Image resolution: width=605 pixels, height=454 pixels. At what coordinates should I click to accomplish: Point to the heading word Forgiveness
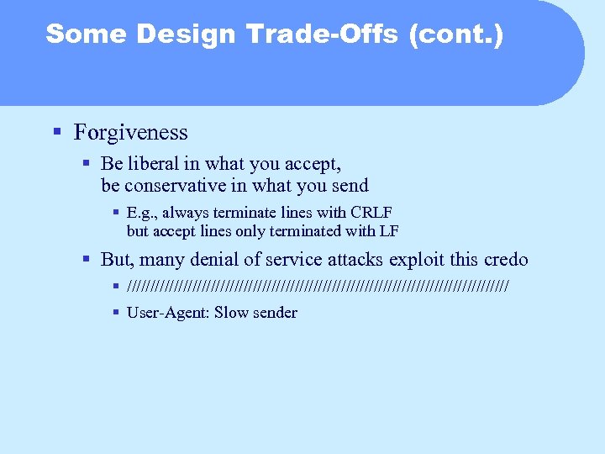click(x=130, y=132)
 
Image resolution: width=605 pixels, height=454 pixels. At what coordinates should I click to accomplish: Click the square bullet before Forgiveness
click(x=56, y=132)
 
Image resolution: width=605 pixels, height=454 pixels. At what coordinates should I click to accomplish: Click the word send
click(x=349, y=185)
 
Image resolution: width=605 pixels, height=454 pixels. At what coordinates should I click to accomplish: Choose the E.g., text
click(x=142, y=213)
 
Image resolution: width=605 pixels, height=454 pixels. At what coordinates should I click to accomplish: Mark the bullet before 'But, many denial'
click(x=87, y=260)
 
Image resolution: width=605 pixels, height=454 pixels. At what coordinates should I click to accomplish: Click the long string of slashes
click(x=318, y=287)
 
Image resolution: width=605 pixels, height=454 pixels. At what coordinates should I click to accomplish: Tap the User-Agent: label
click(x=168, y=313)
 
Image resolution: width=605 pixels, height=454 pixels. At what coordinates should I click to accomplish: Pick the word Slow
click(x=232, y=313)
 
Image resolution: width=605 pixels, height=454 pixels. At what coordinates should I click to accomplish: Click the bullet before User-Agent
click(x=116, y=313)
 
